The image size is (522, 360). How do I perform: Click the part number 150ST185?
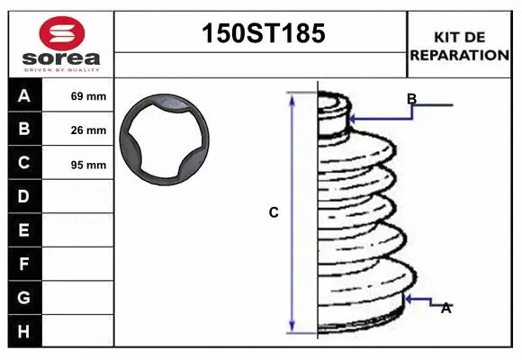(260, 34)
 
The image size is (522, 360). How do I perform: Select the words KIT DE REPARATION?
(460, 45)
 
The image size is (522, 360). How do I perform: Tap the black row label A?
(24, 96)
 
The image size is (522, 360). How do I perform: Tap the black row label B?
(24, 130)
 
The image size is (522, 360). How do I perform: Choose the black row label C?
(24, 163)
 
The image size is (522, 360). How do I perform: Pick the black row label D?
(24, 196)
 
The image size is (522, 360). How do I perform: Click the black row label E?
(24, 230)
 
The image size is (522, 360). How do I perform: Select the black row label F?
(24, 264)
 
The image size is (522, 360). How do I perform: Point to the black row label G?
(24, 297)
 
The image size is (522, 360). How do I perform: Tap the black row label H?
(24, 331)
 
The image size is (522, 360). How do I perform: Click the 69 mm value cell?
(88, 96)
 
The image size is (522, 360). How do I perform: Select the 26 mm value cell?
(88, 130)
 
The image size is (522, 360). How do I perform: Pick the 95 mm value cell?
(88, 165)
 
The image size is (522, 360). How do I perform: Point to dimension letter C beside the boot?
(274, 213)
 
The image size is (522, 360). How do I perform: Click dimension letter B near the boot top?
(411, 98)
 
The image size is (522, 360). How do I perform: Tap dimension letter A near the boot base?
(445, 308)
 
